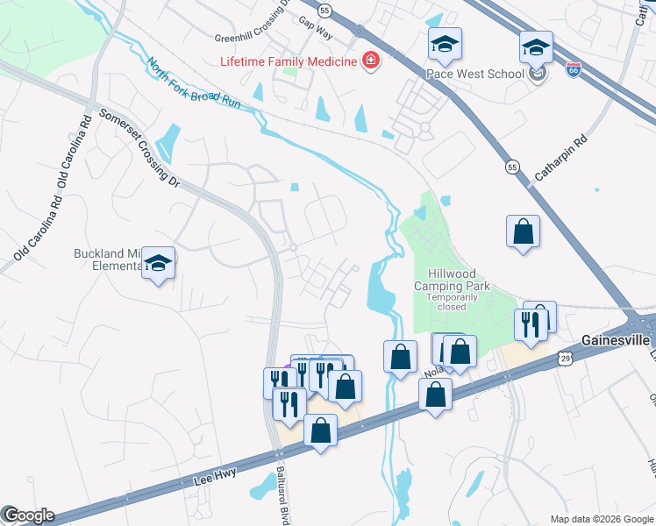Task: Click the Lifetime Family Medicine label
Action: pyautogui.click(x=289, y=61)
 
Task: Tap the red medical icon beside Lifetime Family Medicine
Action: pyautogui.click(x=371, y=61)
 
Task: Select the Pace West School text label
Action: pyautogui.click(x=475, y=74)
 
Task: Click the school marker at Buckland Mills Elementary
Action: pyautogui.click(x=158, y=263)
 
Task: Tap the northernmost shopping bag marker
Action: pyautogui.click(x=523, y=231)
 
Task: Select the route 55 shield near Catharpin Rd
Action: pyautogui.click(x=512, y=167)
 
